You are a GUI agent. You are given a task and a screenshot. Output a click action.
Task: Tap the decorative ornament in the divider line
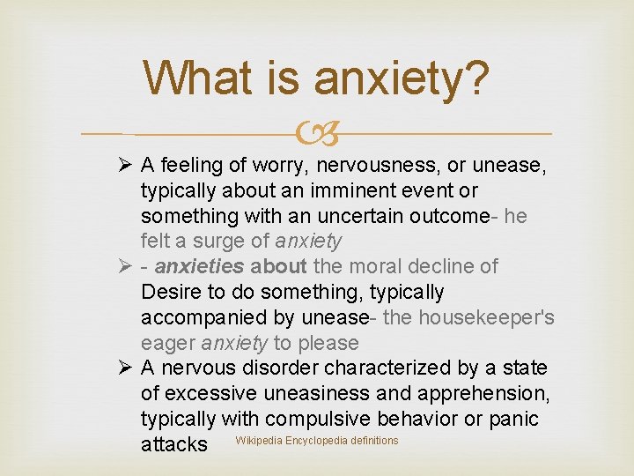point(317,135)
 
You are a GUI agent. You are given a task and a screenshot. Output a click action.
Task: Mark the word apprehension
point(481,393)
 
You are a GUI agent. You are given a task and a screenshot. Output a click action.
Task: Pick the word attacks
point(174,444)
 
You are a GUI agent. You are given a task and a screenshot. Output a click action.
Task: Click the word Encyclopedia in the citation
point(317,441)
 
